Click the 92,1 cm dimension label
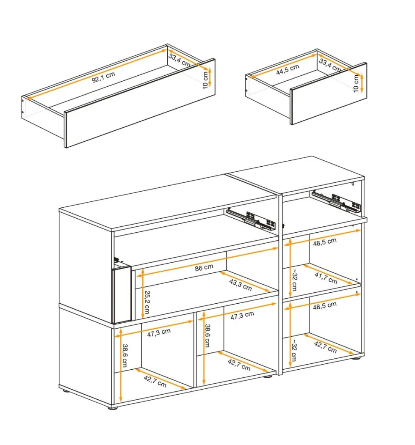tap(103, 77)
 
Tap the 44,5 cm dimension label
tap(288, 69)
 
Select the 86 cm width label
tap(204, 268)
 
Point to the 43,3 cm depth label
tap(241, 285)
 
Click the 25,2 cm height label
tap(147, 302)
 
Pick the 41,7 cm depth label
tap(326, 278)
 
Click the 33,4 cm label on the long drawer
tap(179, 60)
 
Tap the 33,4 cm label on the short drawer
tap(330, 66)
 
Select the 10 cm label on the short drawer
tap(356, 84)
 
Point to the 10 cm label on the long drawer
tap(205, 80)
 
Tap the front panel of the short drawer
tap(329, 93)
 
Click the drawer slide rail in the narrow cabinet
tap(336, 202)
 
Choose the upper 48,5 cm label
tap(325, 242)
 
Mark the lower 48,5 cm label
tap(325, 306)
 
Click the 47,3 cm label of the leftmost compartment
tap(159, 332)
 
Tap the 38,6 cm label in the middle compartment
tap(207, 336)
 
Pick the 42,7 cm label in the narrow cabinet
tap(325, 347)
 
